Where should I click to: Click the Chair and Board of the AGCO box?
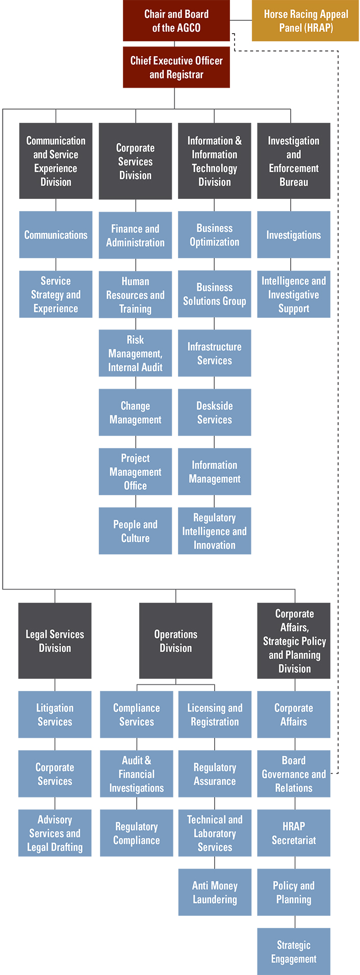[x=176, y=21]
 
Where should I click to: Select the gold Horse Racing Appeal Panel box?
[x=305, y=21]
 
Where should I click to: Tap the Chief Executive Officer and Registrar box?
[x=176, y=67]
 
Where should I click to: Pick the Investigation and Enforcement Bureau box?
[x=293, y=161]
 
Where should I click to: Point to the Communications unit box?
[x=56, y=235]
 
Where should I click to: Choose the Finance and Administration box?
[x=135, y=235]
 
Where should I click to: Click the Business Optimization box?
[x=214, y=235]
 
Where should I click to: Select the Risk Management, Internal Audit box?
[x=135, y=353]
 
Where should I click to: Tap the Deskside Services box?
[x=214, y=413]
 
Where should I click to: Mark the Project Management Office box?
[x=135, y=472]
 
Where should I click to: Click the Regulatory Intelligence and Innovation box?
[x=214, y=531]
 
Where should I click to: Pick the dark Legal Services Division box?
[x=55, y=640]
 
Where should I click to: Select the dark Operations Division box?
[x=175, y=640]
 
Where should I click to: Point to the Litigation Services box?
[x=55, y=714]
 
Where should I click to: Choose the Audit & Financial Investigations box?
[x=136, y=774]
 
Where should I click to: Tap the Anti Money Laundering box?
[x=215, y=892]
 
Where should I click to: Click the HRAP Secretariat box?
[x=293, y=833]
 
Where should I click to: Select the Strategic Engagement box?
[x=293, y=951]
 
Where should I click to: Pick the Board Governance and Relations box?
[x=293, y=774]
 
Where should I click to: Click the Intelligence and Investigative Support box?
[x=293, y=294]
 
